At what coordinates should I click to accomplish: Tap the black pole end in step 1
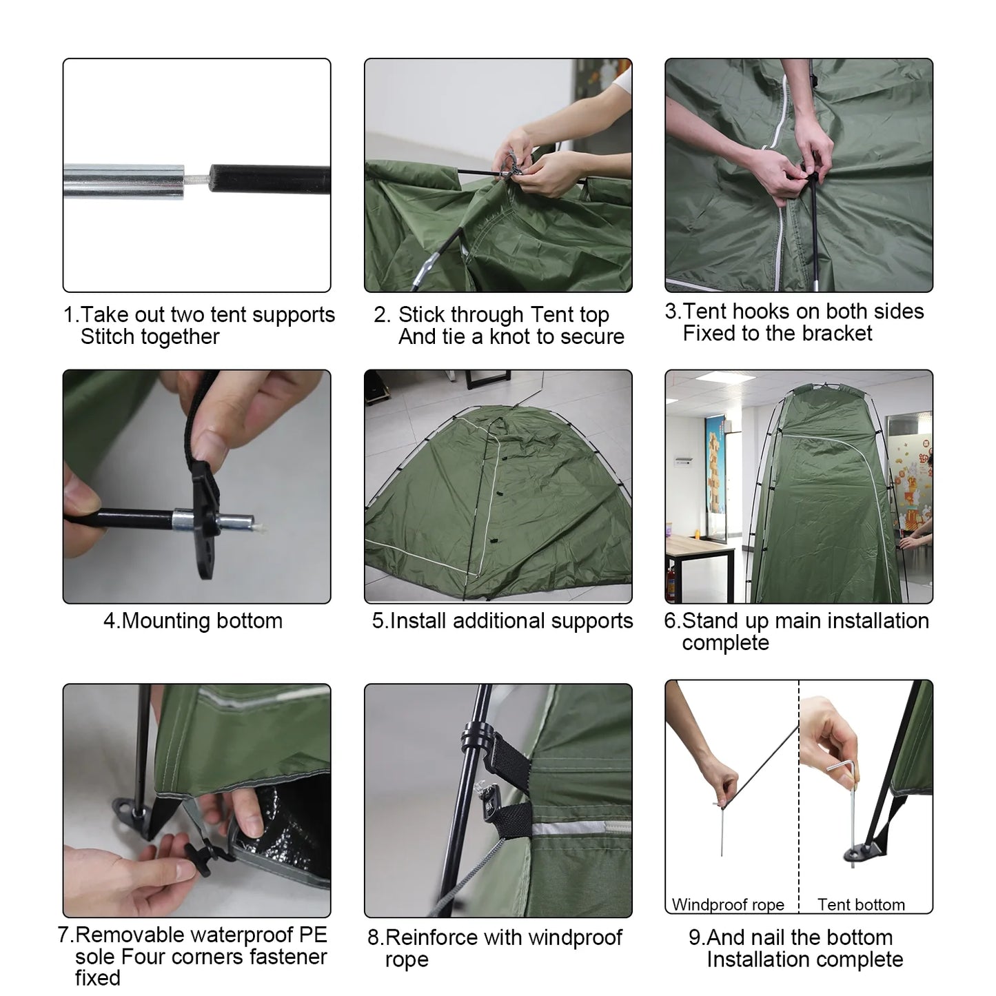270,179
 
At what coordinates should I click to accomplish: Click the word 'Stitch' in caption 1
106,336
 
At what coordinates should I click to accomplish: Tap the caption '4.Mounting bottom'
193,621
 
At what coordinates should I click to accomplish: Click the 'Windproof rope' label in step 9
728,904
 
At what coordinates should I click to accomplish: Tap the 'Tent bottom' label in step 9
861,904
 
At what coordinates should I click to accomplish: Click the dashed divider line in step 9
799,796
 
